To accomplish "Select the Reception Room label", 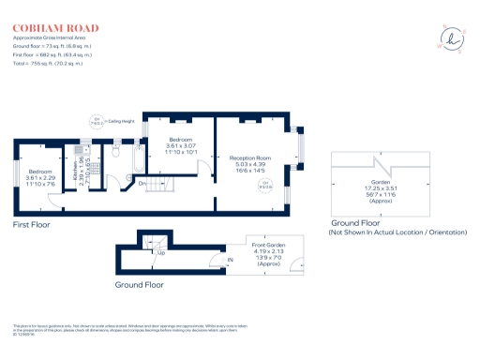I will click(250, 158).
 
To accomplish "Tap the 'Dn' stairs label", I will click(142, 183).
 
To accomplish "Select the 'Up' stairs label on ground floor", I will click(159, 253).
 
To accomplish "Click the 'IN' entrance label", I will click(230, 259).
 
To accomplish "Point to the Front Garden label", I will click(267, 246).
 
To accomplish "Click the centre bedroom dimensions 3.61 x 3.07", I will click(182, 147).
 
